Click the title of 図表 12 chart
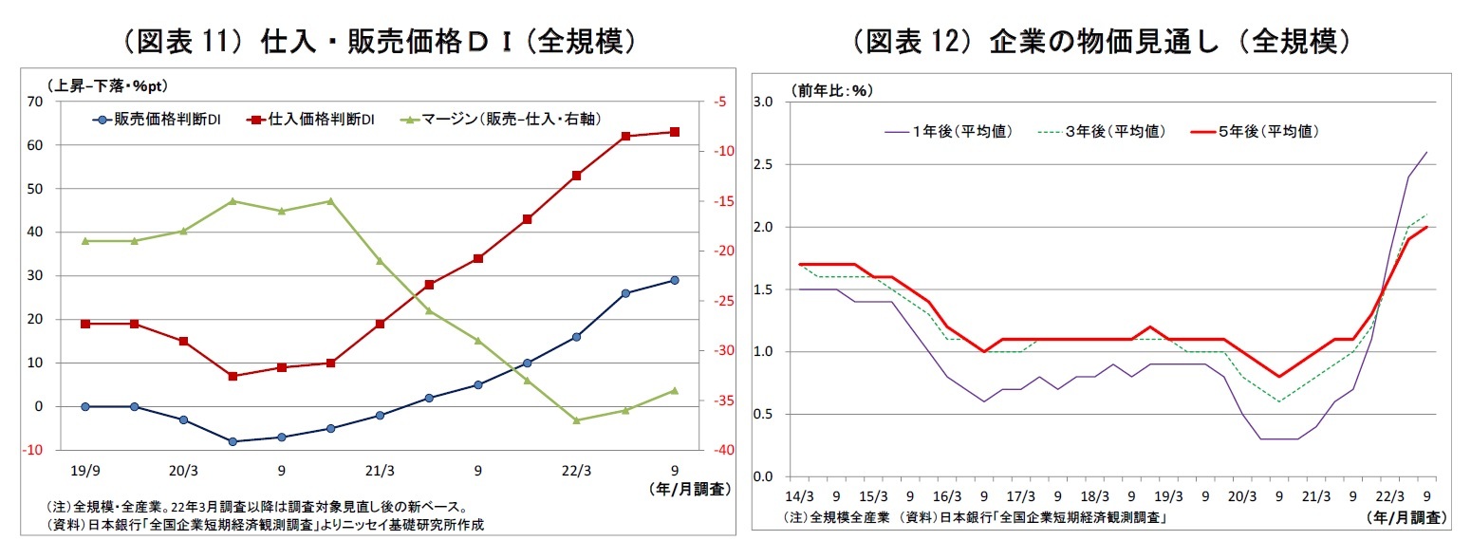(x=1101, y=41)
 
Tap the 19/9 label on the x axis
(x=84, y=470)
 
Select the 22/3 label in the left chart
(x=576, y=470)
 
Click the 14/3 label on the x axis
(x=799, y=495)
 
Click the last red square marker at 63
(x=675, y=132)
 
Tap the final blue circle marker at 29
(x=675, y=280)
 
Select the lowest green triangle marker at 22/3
(x=576, y=420)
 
